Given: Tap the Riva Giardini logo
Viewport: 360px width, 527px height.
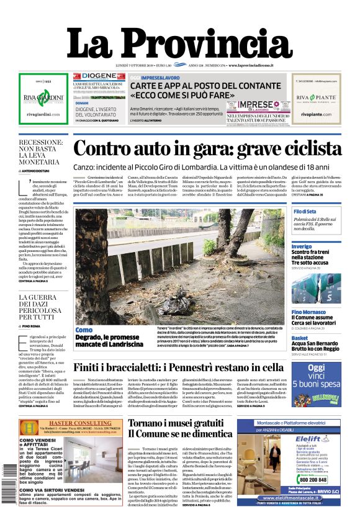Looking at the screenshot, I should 43,97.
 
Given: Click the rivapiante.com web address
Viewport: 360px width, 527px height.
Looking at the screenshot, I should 316,115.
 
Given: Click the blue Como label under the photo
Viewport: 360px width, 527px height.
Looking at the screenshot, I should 83,330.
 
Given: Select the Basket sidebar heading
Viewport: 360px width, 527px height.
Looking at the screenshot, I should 300,338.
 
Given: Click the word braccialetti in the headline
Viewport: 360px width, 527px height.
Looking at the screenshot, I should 146,368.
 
